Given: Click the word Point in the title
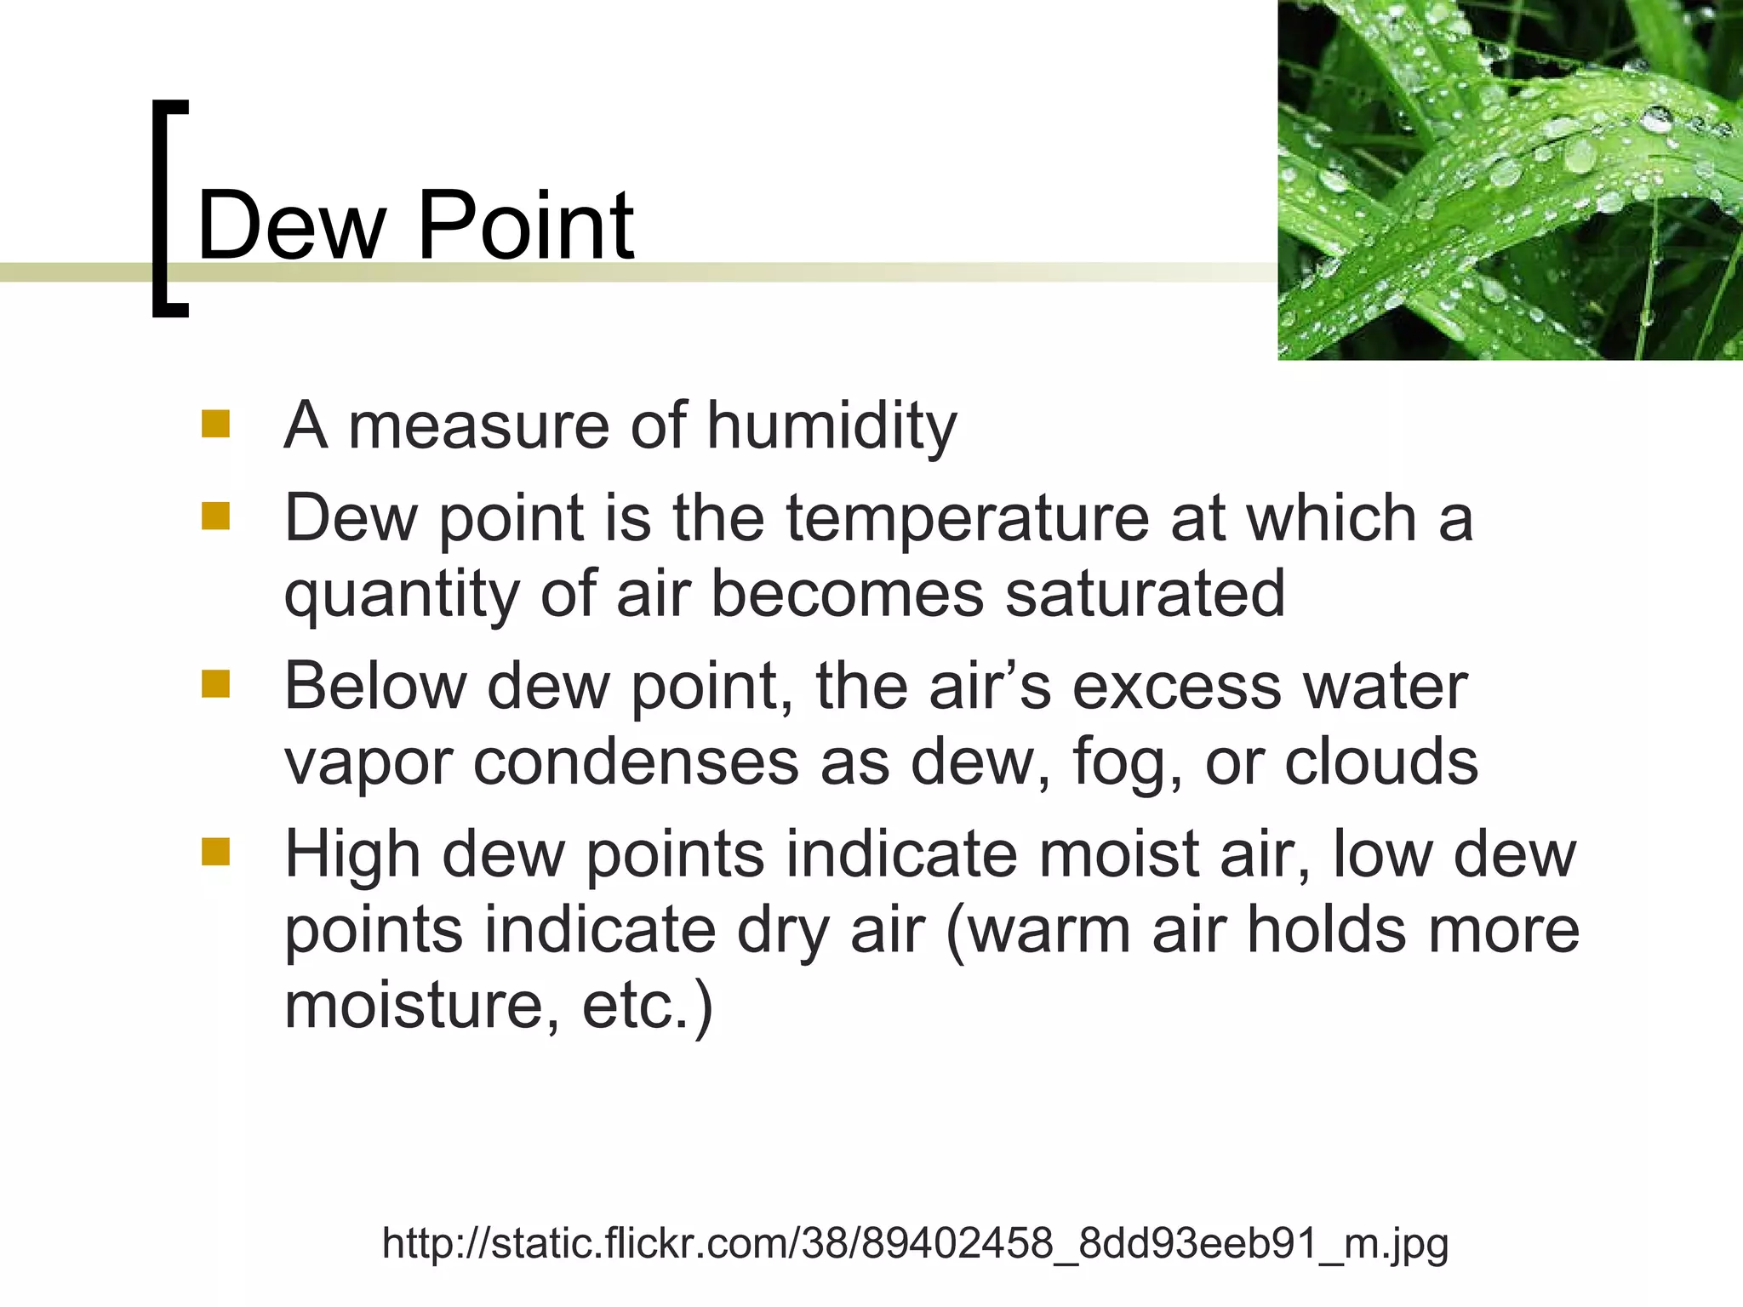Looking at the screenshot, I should coord(525,225).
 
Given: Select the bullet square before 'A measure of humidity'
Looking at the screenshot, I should coord(216,424).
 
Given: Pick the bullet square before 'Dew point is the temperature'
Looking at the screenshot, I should coord(216,516).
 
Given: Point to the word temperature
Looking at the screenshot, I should coord(967,519).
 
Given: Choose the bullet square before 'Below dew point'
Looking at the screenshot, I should coord(216,683).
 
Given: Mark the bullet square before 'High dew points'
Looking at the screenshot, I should coord(216,851).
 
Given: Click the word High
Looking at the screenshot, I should coord(352,854).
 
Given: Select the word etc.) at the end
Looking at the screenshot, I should coord(647,1006).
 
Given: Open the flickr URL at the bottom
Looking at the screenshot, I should coord(915,1243).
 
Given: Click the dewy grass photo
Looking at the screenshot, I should coord(1510,180).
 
